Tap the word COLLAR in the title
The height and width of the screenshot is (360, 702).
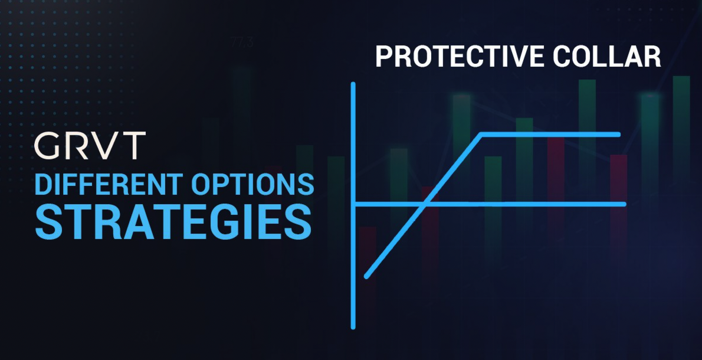606,57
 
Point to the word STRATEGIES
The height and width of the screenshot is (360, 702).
173,222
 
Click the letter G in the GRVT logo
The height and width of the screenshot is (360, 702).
47,146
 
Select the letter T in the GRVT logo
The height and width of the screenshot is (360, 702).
133,146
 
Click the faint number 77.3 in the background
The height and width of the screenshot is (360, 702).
242,42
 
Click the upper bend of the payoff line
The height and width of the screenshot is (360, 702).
481,135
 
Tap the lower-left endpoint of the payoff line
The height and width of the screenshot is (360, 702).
367,277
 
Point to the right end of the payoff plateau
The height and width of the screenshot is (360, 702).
618,135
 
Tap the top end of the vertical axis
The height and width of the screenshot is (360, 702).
353,84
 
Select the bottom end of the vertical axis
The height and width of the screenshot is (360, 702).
353,328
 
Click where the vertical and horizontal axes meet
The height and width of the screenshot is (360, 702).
354,204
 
